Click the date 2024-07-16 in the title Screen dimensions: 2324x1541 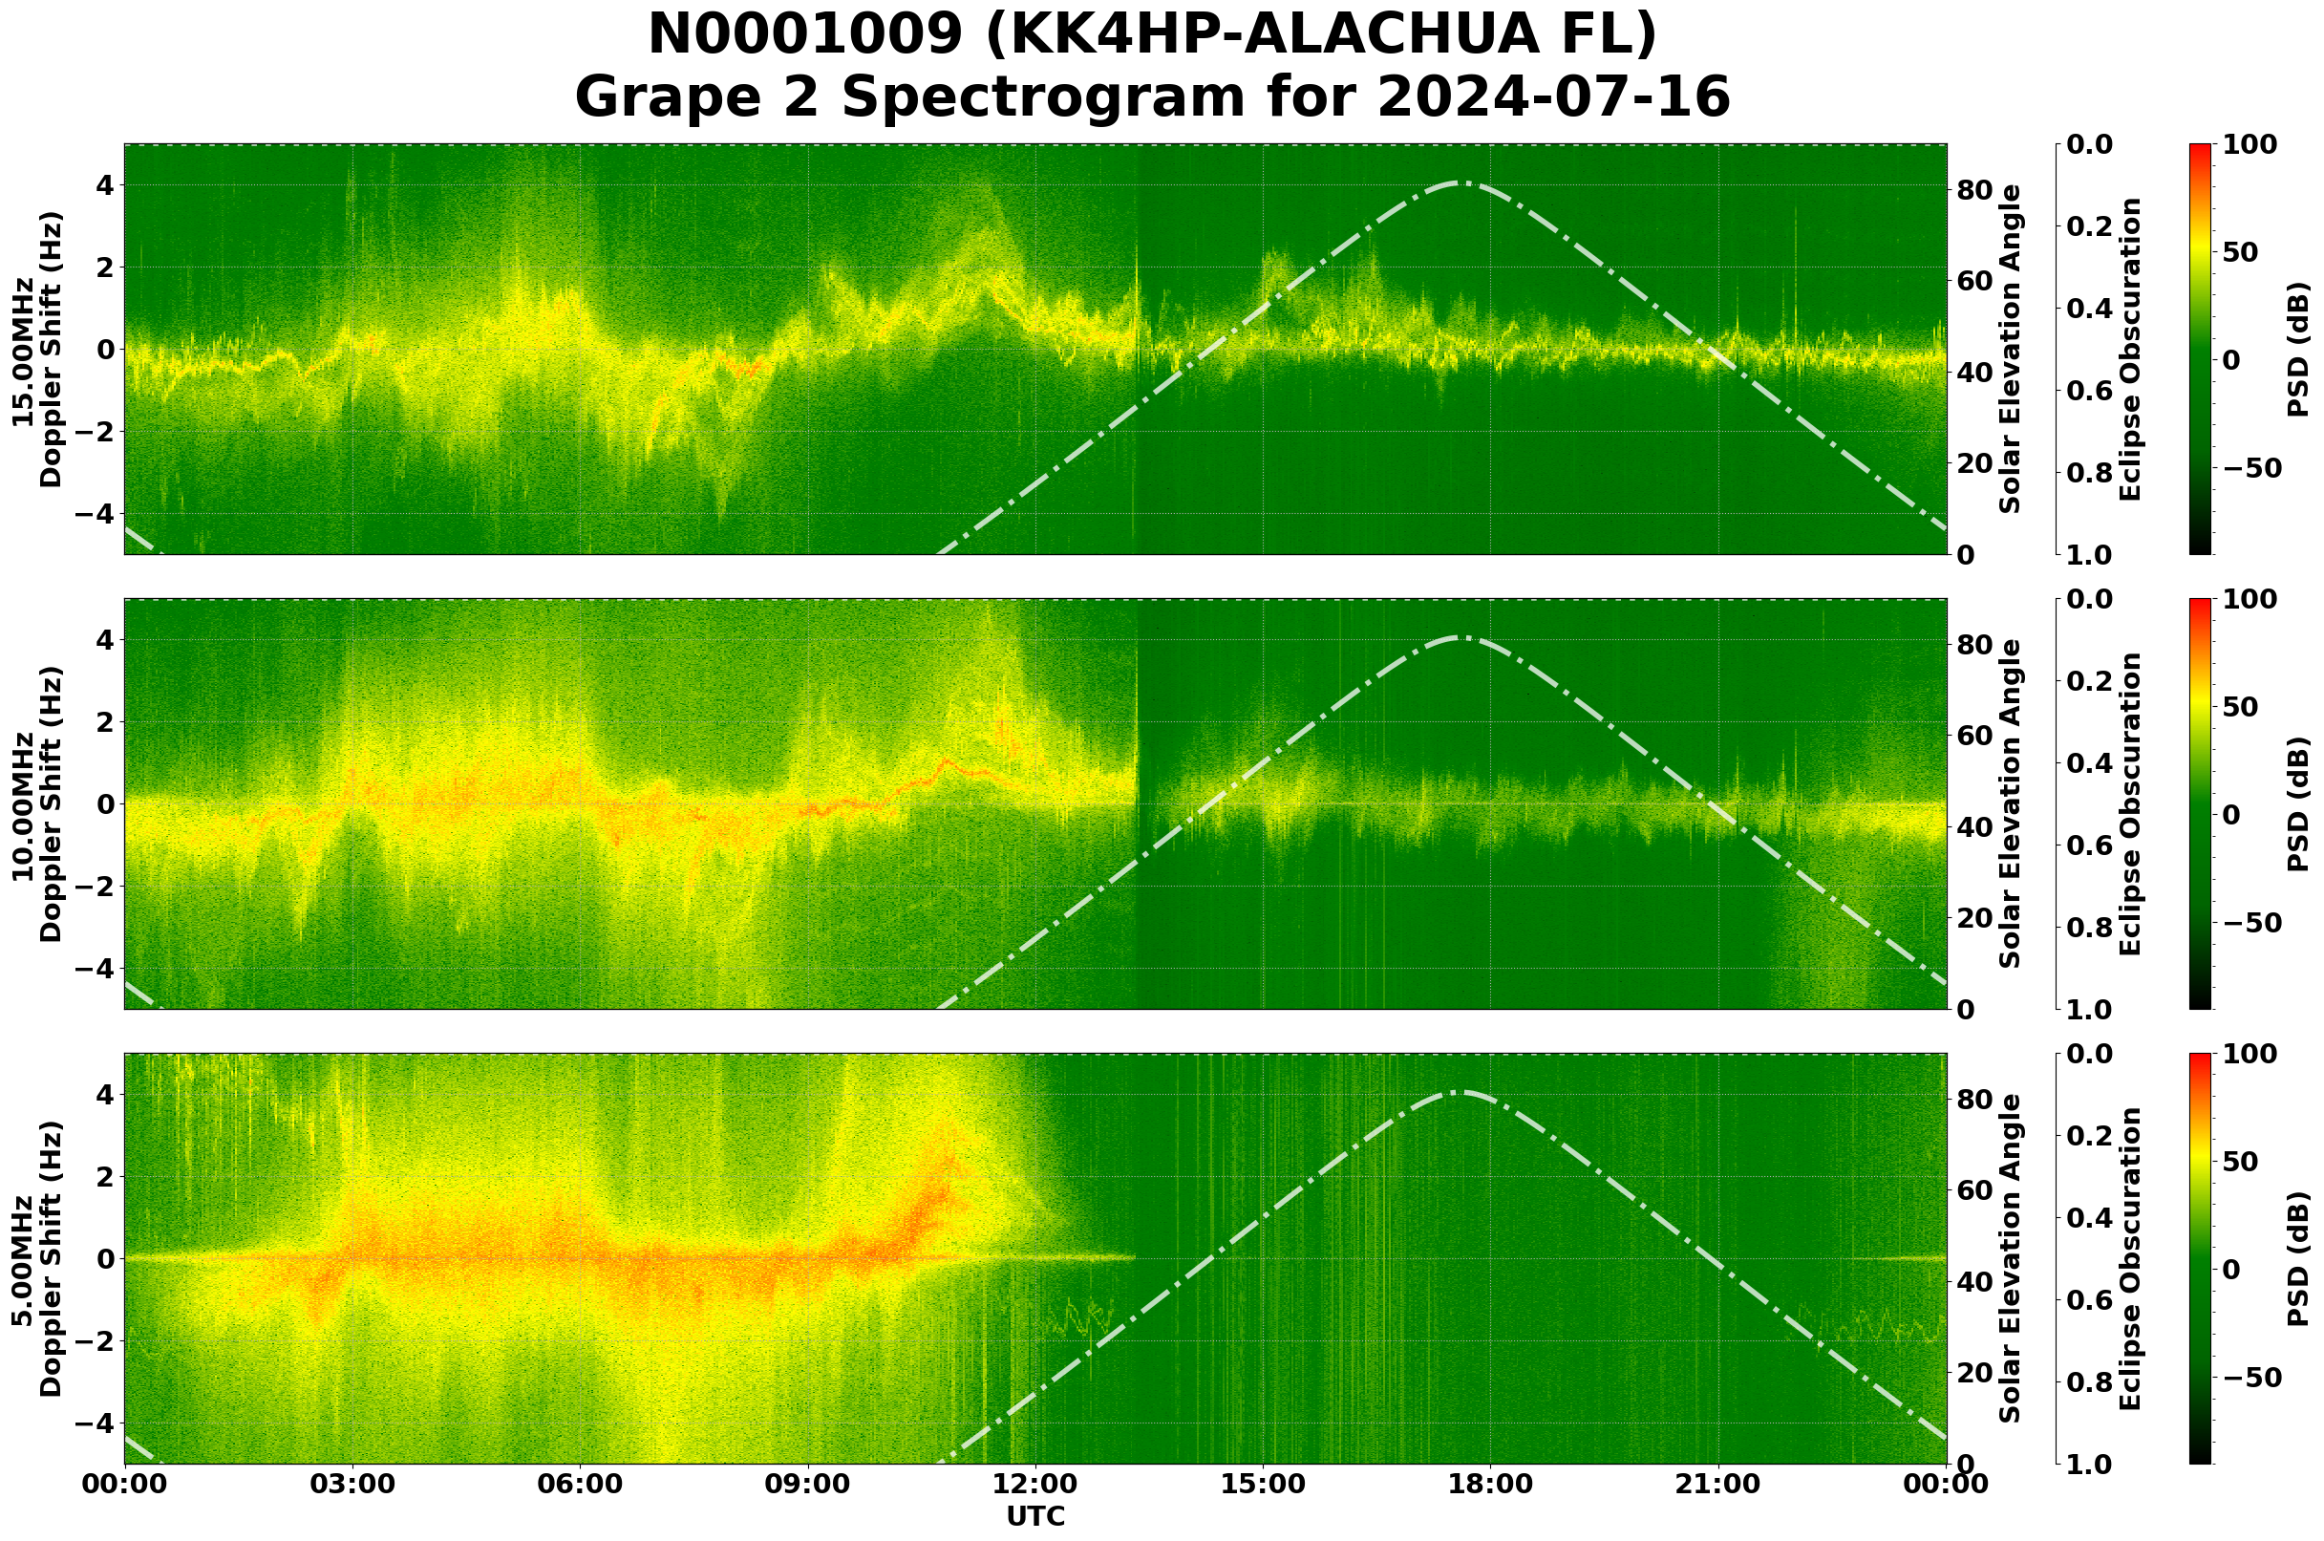click(1553, 96)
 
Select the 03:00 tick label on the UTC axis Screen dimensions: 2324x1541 click(352, 1484)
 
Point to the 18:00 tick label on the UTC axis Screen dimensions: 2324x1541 click(1491, 1484)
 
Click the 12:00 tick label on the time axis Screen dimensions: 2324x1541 click(1035, 1484)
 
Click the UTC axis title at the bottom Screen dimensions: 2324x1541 click(1035, 1516)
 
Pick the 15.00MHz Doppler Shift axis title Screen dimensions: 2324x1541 click(37, 350)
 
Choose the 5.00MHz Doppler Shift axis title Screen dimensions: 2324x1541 click(37, 1259)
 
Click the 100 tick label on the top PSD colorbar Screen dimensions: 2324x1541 click(2249, 144)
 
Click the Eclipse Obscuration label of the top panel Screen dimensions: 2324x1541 click(2129, 350)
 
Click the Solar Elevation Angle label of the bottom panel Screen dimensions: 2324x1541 click(2011, 1259)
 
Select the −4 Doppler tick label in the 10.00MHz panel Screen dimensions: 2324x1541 click(90, 969)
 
